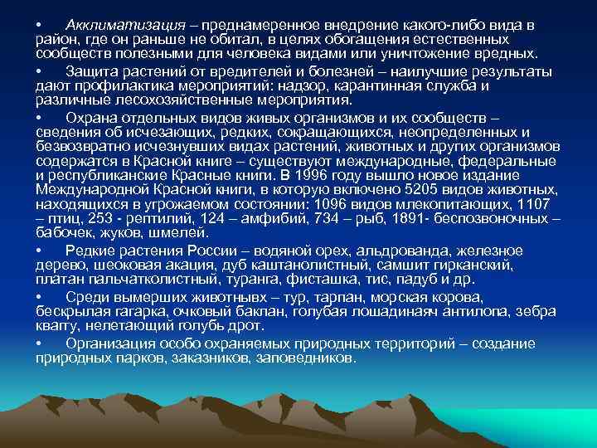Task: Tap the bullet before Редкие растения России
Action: point(39,251)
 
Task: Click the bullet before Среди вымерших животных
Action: point(39,296)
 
